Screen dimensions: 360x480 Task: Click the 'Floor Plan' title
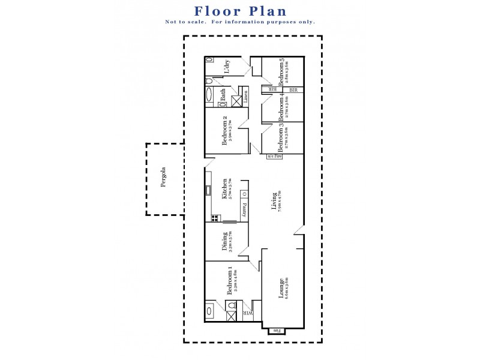[x=240, y=11]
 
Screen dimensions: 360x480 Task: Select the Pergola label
[x=163, y=178]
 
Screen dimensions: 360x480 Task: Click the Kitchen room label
[x=225, y=189]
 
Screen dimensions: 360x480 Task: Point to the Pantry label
[x=245, y=209]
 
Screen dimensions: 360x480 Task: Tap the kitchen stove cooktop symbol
[x=214, y=218]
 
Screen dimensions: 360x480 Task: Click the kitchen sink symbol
[x=208, y=191]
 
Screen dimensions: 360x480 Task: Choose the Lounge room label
[x=281, y=288]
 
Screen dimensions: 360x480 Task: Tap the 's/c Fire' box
[x=274, y=157]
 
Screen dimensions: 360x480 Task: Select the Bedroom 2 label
[x=226, y=127]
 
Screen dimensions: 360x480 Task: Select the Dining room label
[x=225, y=241]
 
